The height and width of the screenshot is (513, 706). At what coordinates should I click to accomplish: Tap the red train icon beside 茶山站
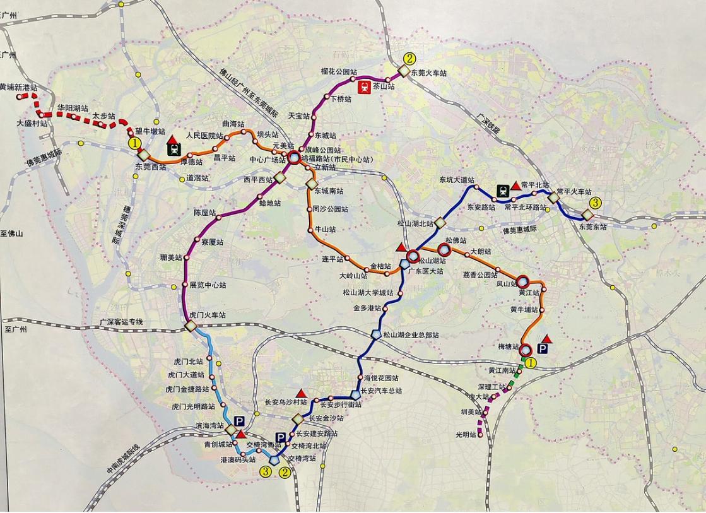coord(364,87)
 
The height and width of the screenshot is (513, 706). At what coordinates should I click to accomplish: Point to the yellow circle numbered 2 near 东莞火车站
coord(410,59)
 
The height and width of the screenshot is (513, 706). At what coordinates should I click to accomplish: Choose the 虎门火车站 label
coord(208,314)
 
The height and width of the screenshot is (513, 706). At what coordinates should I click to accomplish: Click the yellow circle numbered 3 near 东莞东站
coord(595,203)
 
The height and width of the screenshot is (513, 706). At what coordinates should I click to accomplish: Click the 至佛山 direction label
coord(13,233)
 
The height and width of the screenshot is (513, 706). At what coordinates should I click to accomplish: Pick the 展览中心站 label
coord(208,285)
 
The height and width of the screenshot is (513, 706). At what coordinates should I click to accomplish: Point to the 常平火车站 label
coord(574,191)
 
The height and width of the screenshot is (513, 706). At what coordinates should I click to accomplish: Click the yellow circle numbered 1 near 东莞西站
coord(134,144)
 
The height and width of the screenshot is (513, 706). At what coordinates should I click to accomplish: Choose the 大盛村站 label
coord(32,124)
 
